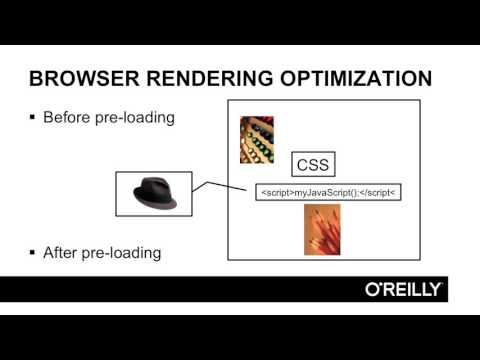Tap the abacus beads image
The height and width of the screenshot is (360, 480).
point(257,140)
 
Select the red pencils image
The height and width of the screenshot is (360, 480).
point(322,229)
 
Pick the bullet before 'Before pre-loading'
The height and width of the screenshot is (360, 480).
point(32,118)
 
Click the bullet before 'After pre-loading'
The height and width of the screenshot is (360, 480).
point(32,253)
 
